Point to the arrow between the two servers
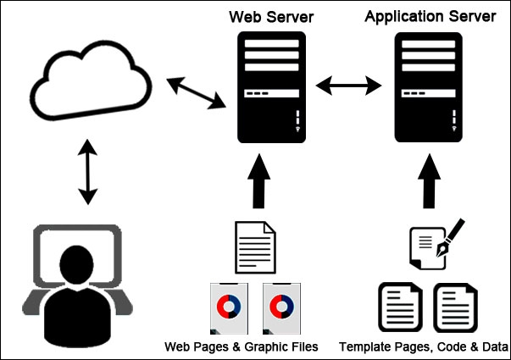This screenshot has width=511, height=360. pyautogui.click(x=347, y=85)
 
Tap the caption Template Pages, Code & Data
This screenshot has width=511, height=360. pyautogui.click(x=424, y=347)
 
